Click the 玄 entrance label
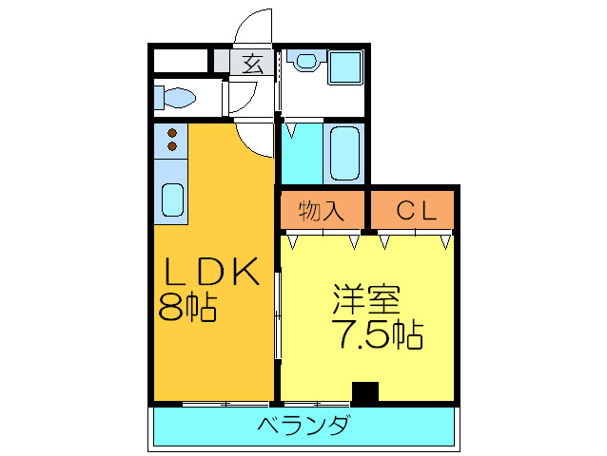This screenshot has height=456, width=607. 251,64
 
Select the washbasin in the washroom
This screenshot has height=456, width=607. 306,62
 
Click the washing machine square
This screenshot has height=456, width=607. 344,66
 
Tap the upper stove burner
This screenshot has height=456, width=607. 172,133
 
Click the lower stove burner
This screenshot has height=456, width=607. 172,146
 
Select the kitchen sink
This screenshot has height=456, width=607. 172,200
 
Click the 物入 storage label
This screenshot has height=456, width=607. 321,211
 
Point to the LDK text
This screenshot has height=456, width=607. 212,274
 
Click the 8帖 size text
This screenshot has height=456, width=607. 188,307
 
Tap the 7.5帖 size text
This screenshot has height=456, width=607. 377,333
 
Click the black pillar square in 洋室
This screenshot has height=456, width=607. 364,391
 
